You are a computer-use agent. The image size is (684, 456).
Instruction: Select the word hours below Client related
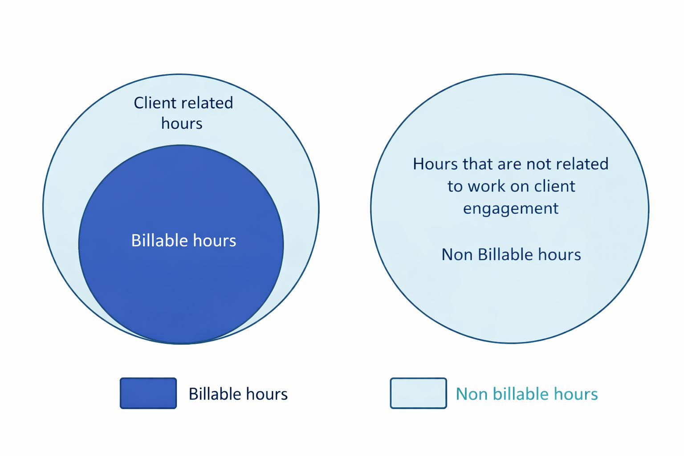click(x=182, y=123)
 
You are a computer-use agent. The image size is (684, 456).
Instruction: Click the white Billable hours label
click(x=183, y=240)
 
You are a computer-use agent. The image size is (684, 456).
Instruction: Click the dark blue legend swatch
click(x=148, y=393)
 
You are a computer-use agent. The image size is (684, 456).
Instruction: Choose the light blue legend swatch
click(x=418, y=393)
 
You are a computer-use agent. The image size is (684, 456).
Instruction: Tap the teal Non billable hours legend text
click(x=527, y=394)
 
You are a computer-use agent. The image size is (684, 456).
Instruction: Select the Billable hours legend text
click(x=238, y=394)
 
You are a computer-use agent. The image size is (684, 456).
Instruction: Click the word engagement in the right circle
click(x=511, y=209)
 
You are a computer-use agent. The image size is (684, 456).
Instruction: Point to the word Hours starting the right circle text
click(x=436, y=164)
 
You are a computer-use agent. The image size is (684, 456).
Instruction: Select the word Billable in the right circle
click(x=505, y=254)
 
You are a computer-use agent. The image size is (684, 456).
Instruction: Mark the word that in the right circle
click(x=477, y=164)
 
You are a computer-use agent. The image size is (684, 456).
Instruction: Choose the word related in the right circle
click(x=582, y=164)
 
